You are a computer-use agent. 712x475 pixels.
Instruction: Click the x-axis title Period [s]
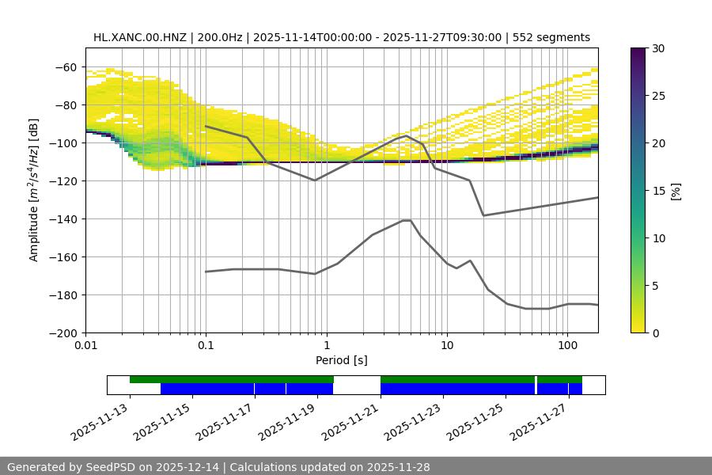(342, 360)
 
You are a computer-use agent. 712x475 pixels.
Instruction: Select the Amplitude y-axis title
(34, 190)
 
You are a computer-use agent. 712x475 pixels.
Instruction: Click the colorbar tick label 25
(657, 96)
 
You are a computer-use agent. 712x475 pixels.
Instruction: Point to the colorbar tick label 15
(657, 191)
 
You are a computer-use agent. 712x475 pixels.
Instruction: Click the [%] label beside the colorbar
(676, 190)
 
